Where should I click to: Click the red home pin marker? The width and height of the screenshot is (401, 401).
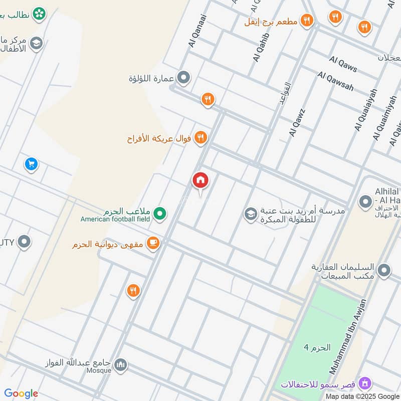(x=200, y=180)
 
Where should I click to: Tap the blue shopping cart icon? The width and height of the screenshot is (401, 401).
(x=31, y=164)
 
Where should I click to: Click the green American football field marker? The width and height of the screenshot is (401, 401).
(x=160, y=214)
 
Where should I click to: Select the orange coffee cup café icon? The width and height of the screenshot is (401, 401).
(x=153, y=243)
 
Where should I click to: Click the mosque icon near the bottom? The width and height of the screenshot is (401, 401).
(x=120, y=364)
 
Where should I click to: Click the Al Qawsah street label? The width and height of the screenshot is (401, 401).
(x=335, y=81)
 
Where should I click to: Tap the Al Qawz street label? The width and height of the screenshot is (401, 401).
(x=297, y=123)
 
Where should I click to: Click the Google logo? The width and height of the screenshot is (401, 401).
(x=21, y=393)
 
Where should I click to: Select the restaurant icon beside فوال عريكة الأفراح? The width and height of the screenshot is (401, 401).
(x=200, y=137)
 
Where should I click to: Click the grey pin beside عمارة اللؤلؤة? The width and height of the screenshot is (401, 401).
(x=184, y=78)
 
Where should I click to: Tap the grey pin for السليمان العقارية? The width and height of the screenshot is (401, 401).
(x=384, y=271)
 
